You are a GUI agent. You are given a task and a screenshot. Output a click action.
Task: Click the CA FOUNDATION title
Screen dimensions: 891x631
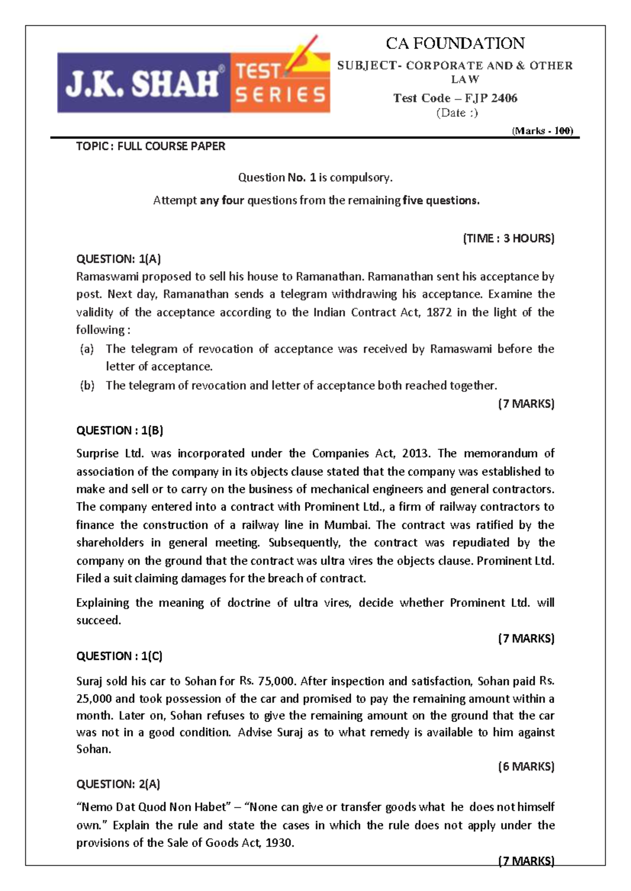(455, 43)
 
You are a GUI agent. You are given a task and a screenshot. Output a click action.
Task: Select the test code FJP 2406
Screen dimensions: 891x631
(455, 98)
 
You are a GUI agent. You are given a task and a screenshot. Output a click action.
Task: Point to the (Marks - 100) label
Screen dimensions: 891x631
(542, 131)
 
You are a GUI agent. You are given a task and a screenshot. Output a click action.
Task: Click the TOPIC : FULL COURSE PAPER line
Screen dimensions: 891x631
(151, 147)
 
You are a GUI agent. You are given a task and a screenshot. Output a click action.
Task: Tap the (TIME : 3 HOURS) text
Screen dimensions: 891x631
(508, 239)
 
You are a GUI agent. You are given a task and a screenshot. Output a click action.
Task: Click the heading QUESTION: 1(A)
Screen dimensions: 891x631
(118, 258)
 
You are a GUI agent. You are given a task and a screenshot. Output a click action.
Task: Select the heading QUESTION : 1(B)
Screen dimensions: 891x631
(120, 431)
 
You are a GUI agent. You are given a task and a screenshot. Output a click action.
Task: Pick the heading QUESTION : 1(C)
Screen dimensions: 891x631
(119, 656)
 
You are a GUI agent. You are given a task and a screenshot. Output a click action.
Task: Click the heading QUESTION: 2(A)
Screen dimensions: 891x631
(118, 784)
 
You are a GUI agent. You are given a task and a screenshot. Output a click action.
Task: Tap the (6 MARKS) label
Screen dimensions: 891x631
(526, 766)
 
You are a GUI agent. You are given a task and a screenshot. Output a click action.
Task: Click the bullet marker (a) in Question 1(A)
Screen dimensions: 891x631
(87, 349)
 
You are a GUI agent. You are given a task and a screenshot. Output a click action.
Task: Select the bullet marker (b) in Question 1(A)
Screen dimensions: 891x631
(87, 386)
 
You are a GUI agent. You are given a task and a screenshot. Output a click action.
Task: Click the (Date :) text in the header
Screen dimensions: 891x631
(457, 113)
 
